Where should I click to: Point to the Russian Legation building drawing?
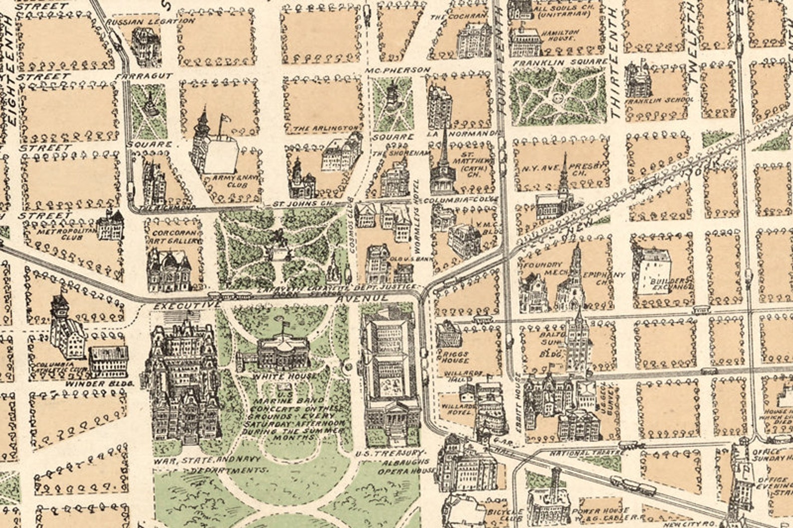coord(144,43)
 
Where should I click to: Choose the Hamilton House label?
coord(560,35)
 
